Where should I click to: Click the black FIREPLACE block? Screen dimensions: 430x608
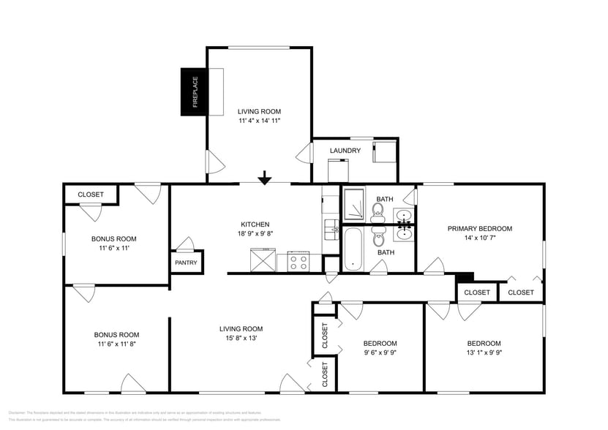[x=195, y=91]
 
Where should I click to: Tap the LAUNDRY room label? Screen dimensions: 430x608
[x=345, y=151]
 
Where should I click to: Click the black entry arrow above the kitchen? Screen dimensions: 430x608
[x=265, y=178]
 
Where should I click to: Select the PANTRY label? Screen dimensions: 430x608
[x=187, y=263]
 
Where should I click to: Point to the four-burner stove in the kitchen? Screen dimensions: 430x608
[x=299, y=261]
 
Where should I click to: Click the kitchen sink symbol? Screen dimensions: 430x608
[x=331, y=228]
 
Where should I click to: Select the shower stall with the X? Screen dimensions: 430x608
[x=354, y=204]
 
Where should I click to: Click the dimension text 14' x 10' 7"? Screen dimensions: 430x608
[x=480, y=238]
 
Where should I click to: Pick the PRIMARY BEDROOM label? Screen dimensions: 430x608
[x=480, y=228]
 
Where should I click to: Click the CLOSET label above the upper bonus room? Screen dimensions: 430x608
[x=91, y=195]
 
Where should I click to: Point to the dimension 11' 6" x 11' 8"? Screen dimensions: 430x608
[x=117, y=344]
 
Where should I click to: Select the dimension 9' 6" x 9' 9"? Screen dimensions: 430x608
[x=380, y=352]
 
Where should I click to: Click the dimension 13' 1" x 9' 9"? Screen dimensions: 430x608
[x=484, y=352]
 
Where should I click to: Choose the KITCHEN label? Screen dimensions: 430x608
[x=255, y=225]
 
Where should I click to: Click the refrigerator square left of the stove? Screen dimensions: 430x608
[x=262, y=260]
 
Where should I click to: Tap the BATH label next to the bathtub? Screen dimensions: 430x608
[x=386, y=252]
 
